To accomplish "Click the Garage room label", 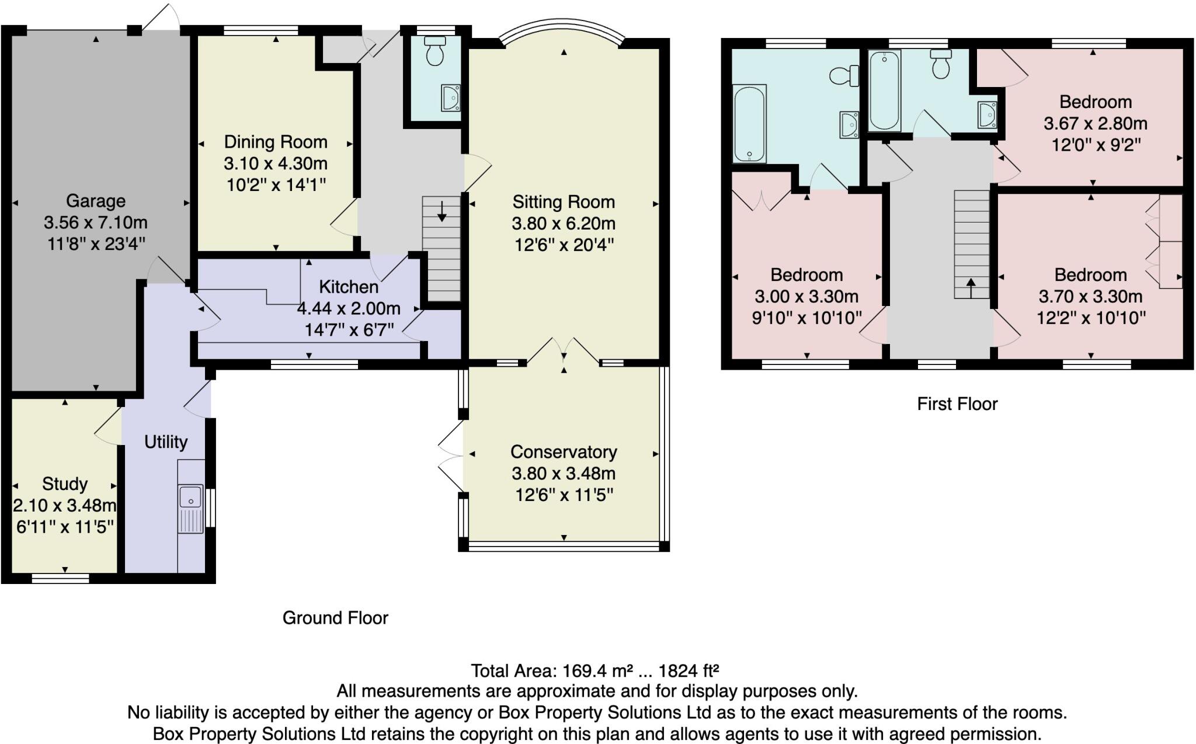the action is tap(96, 201).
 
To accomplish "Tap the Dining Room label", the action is tap(276, 142).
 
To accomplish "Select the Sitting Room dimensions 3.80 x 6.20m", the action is tap(564, 223).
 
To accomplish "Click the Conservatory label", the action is tap(564, 451).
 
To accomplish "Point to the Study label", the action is tap(65, 484).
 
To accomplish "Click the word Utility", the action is tap(166, 442).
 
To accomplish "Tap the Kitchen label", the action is tap(349, 287).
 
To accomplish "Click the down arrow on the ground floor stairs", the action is tap(441, 211).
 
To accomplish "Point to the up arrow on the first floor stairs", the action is tap(971, 288).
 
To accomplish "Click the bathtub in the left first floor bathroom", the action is tap(749, 124).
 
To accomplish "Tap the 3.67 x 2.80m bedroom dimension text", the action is tap(1096, 124).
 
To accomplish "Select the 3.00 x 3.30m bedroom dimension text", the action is tap(806, 297).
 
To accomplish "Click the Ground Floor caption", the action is tap(335, 618).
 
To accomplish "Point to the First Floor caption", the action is tap(957, 404).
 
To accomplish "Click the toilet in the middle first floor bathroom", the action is tap(940, 64).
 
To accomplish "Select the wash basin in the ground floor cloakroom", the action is tap(451, 98).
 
